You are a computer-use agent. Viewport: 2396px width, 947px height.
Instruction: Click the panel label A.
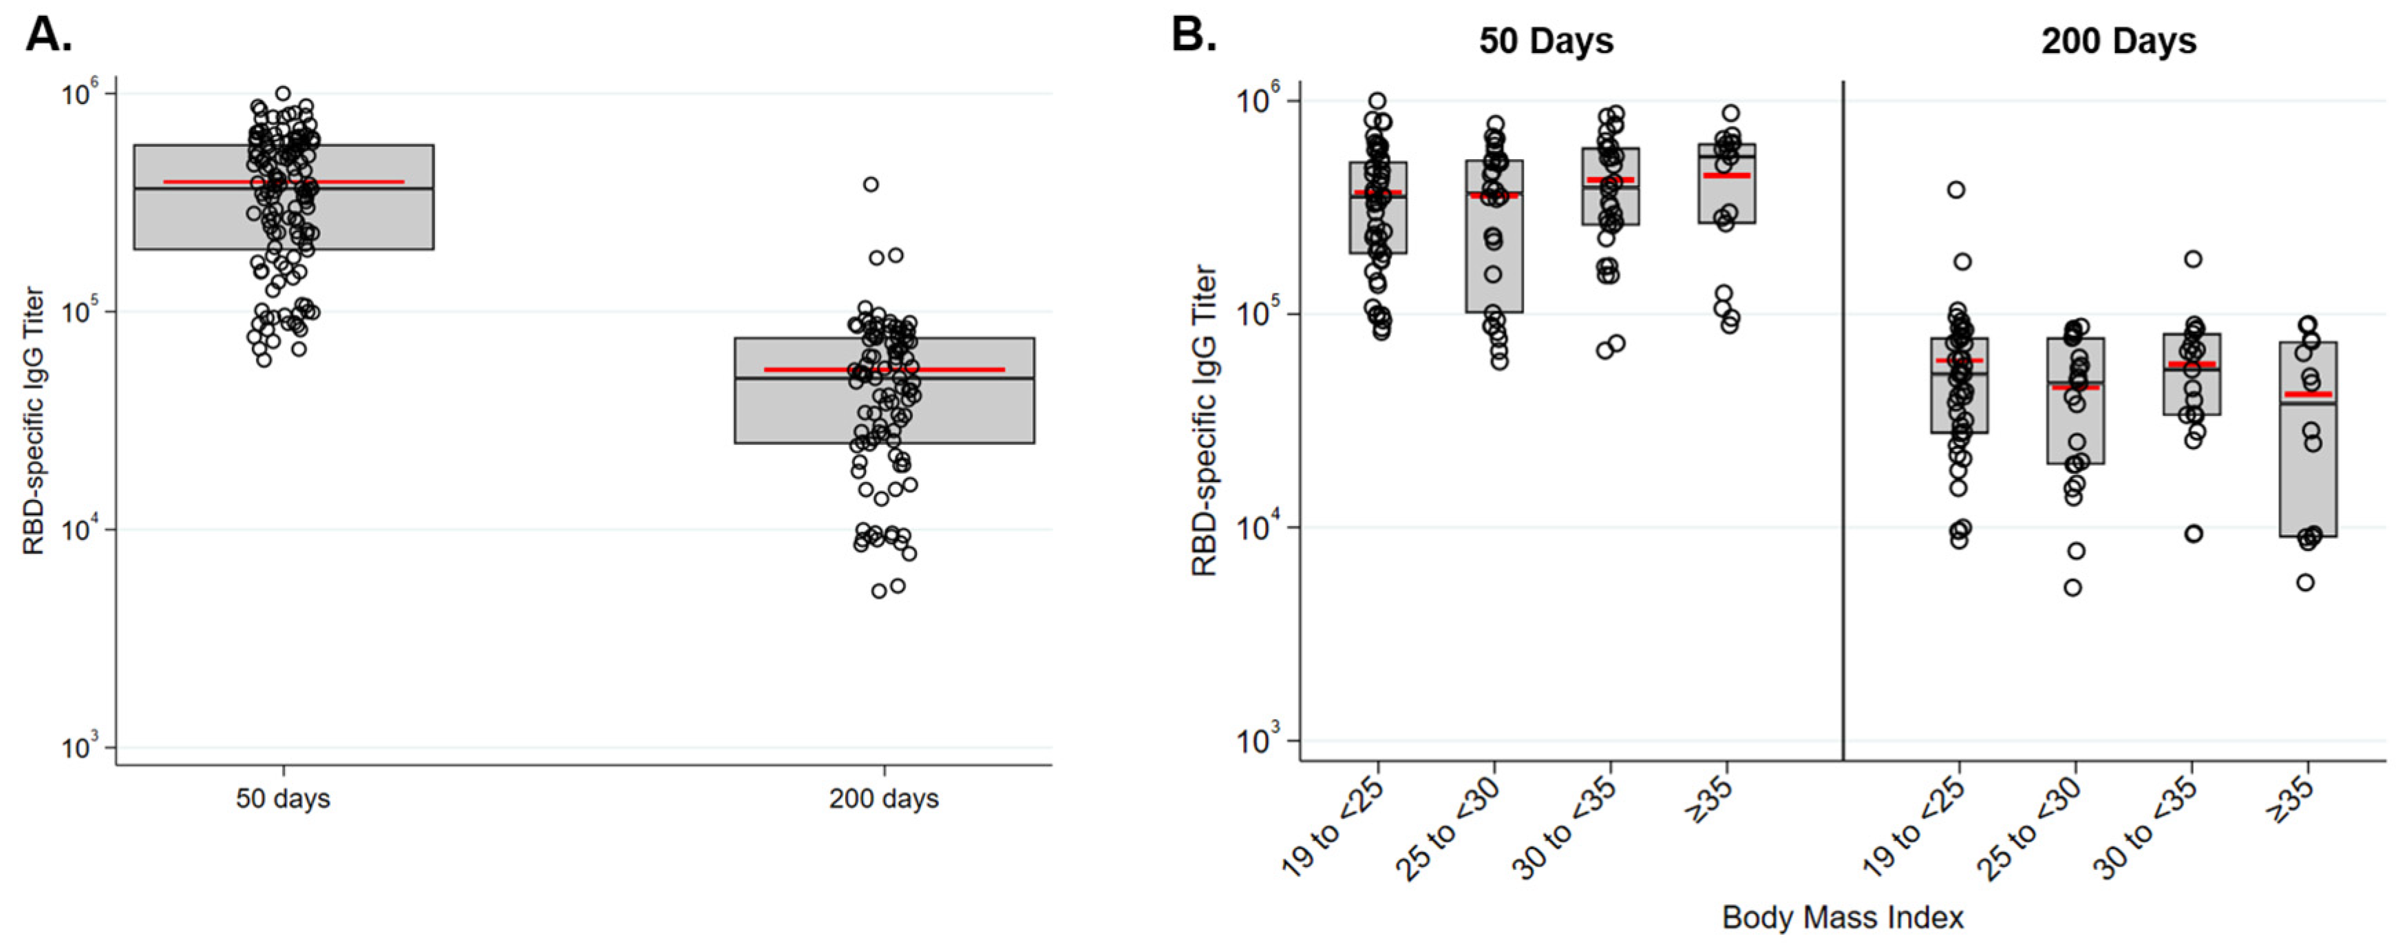click(48, 34)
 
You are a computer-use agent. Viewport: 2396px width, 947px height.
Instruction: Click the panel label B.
click(1194, 34)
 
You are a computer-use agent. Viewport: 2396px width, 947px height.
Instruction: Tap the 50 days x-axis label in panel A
click(283, 799)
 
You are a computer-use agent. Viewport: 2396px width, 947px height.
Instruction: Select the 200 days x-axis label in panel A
click(884, 799)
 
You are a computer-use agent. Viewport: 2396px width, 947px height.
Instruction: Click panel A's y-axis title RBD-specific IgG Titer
click(34, 421)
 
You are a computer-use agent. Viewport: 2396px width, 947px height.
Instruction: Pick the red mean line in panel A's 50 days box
click(283, 181)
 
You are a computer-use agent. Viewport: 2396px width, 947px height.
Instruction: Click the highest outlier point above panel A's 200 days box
click(871, 184)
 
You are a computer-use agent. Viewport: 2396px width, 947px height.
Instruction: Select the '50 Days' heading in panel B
click(1546, 42)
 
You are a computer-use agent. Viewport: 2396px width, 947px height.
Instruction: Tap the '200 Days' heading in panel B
click(2119, 42)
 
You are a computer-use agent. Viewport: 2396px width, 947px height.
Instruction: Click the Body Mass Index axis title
click(1843, 917)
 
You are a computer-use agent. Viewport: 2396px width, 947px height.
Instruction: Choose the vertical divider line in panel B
click(1843, 419)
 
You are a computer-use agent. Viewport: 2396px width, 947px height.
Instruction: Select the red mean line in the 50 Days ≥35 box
click(1727, 175)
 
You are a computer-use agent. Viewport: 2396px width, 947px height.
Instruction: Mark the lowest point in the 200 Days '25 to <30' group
click(2073, 588)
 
